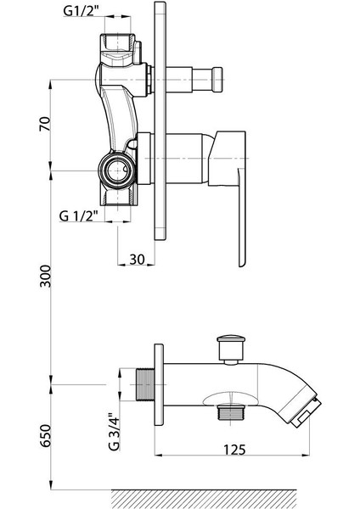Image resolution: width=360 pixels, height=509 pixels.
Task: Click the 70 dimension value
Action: (45, 123)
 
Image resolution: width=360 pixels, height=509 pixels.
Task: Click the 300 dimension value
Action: (45, 276)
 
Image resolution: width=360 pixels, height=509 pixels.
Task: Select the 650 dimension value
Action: (45, 435)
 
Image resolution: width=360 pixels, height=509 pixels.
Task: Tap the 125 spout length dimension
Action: (234, 450)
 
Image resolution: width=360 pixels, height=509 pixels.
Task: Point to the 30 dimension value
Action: (137, 260)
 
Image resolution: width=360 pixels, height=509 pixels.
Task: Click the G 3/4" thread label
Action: (114, 432)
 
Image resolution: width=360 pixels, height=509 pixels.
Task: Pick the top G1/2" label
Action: (81, 11)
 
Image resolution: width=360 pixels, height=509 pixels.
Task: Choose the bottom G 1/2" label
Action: (79, 215)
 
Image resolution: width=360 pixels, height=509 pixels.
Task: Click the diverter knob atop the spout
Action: (231, 349)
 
